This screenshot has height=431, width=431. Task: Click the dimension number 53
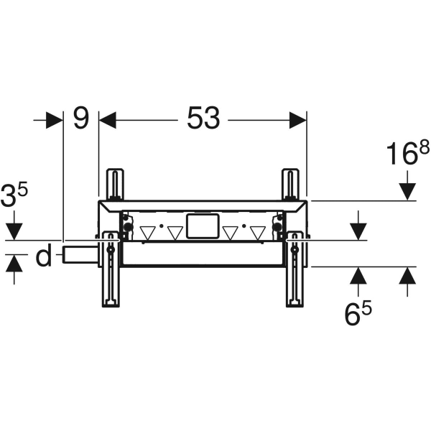coord(203,119)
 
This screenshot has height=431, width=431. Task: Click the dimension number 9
coord(81,119)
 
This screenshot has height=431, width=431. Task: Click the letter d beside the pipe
coord(45,256)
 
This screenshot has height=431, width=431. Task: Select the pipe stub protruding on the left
coord(80,254)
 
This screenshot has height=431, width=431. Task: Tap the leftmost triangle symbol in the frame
coord(147,233)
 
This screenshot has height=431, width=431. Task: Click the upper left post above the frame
coord(113,185)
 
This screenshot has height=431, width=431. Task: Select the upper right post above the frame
coord(289,185)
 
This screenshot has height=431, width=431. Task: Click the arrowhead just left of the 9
coord(55,119)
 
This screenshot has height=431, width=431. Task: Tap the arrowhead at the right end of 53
coord(297,119)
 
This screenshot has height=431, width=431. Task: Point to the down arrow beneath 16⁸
coord(407,191)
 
